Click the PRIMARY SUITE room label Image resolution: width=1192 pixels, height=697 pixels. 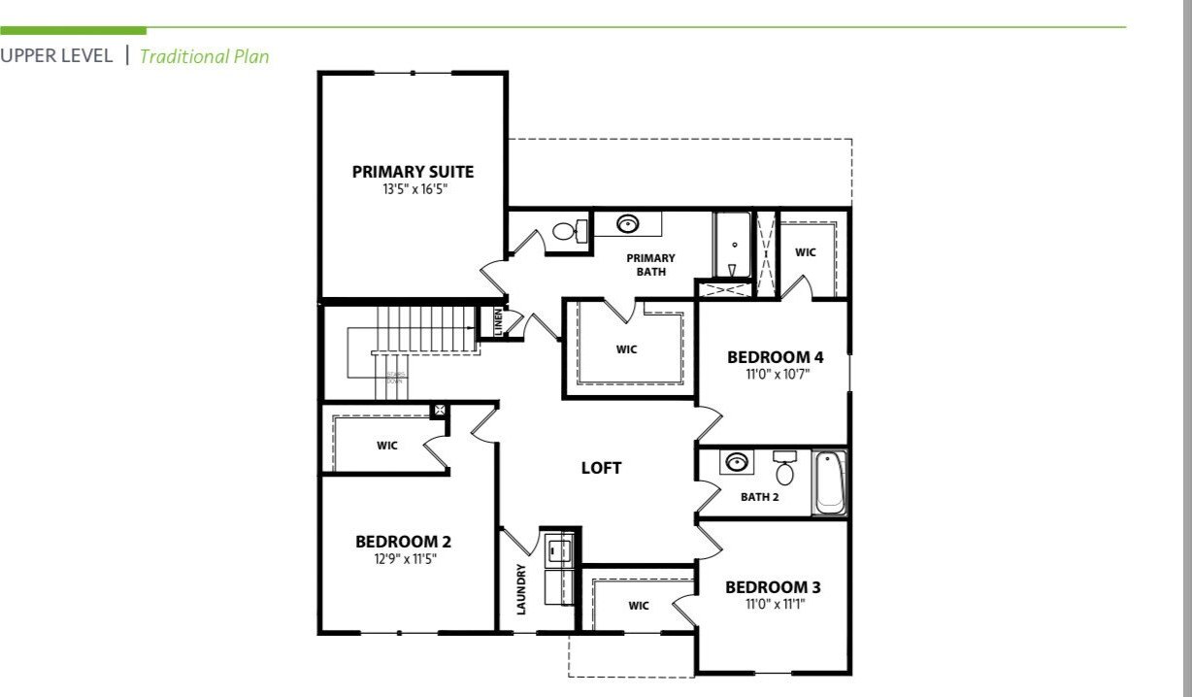[413, 172]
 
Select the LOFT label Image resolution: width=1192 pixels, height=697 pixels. [601, 468]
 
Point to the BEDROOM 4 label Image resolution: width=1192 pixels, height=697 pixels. [775, 357]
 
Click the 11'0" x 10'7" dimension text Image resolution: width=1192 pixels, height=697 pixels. [775, 374]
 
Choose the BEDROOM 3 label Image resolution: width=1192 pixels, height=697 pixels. [773, 587]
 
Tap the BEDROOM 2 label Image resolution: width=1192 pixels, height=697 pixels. [403, 542]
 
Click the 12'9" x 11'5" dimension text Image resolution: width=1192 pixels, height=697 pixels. [403, 559]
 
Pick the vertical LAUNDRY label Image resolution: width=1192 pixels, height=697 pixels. [521, 589]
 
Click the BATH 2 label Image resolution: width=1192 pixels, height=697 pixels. [760, 497]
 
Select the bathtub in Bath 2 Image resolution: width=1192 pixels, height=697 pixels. [829, 482]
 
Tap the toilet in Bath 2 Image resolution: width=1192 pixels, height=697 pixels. [784, 469]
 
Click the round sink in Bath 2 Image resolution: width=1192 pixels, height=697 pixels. [738, 461]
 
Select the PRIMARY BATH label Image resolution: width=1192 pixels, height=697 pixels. [650, 265]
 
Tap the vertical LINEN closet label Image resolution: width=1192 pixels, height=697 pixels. [498, 322]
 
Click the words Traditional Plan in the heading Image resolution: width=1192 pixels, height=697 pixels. [204, 56]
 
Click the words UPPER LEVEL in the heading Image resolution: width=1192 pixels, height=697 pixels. [56, 56]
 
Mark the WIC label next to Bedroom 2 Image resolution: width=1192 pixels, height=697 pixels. [387, 447]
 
